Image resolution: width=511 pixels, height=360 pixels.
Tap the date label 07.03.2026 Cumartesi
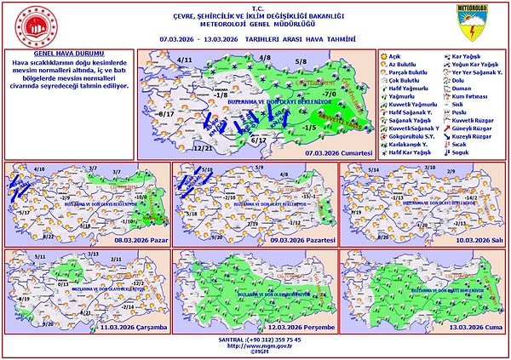[x=340, y=151]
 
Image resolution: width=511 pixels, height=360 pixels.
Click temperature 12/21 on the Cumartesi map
[x=204, y=148]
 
